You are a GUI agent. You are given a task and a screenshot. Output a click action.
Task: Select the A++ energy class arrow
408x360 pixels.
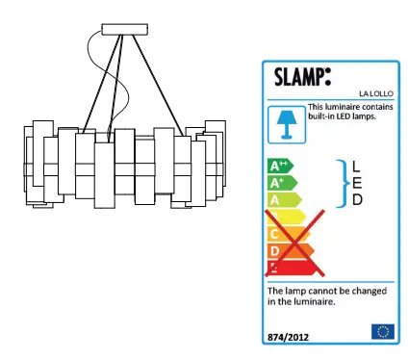click(281, 166)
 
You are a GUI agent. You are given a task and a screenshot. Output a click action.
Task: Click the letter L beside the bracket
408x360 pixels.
click(357, 166)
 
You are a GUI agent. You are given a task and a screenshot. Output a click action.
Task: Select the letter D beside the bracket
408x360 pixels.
click(357, 200)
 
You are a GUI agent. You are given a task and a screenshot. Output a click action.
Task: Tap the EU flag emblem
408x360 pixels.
click(382, 331)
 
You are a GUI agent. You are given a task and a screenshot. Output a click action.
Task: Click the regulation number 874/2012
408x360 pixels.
click(290, 334)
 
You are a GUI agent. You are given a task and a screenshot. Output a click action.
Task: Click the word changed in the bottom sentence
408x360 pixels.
click(366, 290)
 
